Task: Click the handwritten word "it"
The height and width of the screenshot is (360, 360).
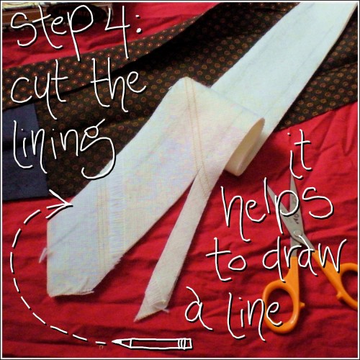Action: (x=297, y=153)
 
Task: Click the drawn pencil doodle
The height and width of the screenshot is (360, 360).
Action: (x=153, y=343)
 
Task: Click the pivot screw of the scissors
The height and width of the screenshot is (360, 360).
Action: (x=297, y=232)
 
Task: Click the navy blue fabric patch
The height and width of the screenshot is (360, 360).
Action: (x=22, y=153)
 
